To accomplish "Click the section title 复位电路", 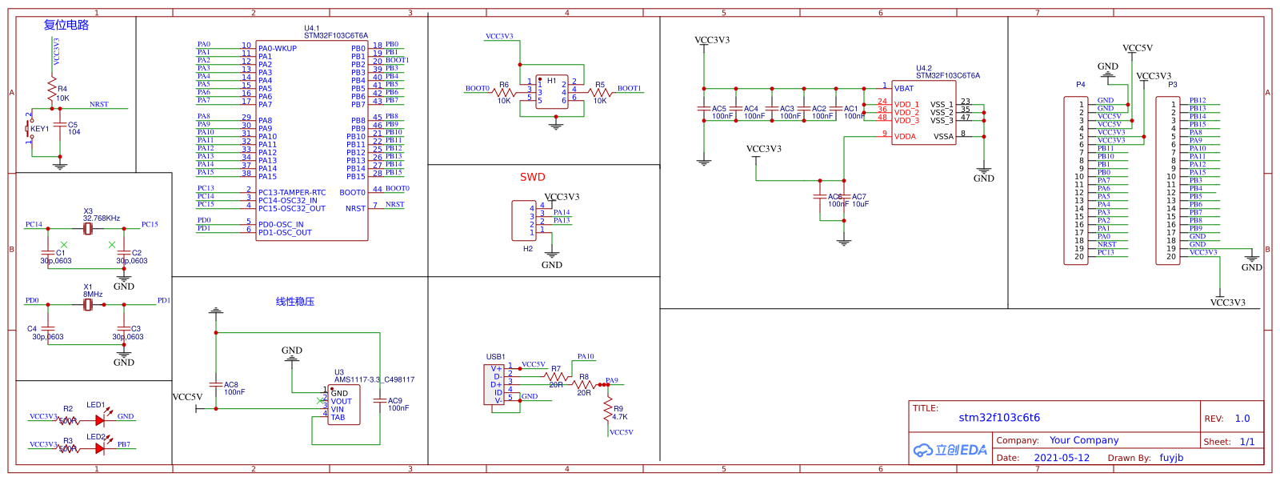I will tap(66, 25).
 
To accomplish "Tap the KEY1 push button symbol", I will tap(30, 129).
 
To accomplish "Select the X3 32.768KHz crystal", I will tap(88, 229).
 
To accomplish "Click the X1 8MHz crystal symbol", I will tap(88, 304).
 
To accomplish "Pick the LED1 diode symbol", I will tap(99, 420).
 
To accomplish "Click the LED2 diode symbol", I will tap(99, 448).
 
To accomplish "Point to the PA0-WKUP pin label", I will tap(278, 49).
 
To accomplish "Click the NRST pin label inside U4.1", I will tap(355, 209).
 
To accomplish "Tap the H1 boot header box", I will tap(552, 92).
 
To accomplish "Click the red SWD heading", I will tap(532, 177).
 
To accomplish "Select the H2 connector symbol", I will tap(524, 220).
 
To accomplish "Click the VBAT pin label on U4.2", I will tap(904, 89).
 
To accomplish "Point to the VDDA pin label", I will tap(905, 137).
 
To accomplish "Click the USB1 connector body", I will tap(494, 385).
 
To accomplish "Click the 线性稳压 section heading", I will tap(295, 302).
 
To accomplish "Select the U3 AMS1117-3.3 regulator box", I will tap(345, 405).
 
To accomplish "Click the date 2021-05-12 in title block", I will tap(1062, 458).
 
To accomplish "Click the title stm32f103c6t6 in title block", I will tap(999, 418).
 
